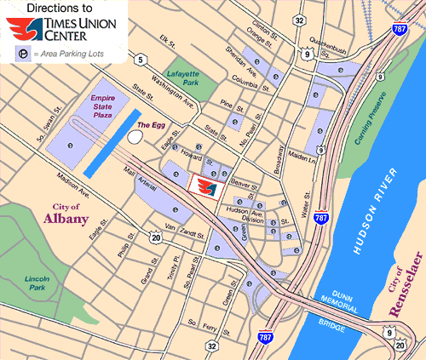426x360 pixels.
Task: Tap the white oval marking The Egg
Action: click(x=135, y=135)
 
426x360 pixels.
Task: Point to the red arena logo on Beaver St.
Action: click(x=204, y=185)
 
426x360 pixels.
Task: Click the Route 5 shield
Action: click(x=137, y=59)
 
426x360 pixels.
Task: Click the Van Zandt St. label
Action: click(x=181, y=228)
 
